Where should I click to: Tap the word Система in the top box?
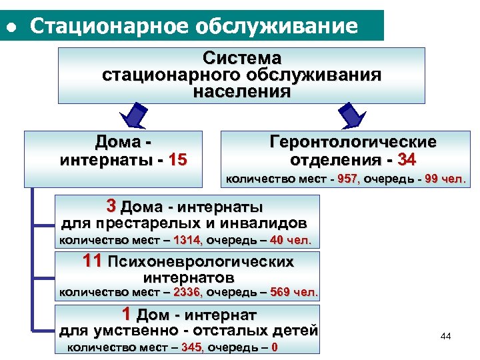coord(242,59)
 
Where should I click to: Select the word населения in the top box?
coord(242,91)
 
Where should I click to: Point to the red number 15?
coord(178,160)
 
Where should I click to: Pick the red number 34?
coord(407,160)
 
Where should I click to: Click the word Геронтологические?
coord(353,142)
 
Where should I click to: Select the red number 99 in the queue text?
coord(431,179)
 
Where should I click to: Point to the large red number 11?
coord(93,261)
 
